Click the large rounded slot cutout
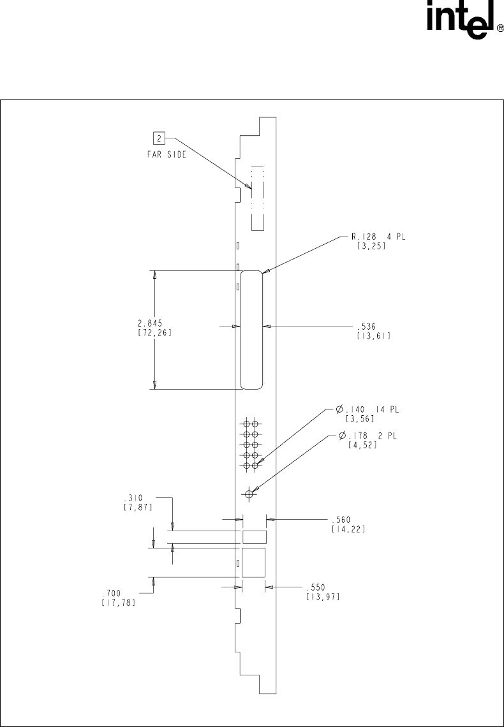coord(251,329)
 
